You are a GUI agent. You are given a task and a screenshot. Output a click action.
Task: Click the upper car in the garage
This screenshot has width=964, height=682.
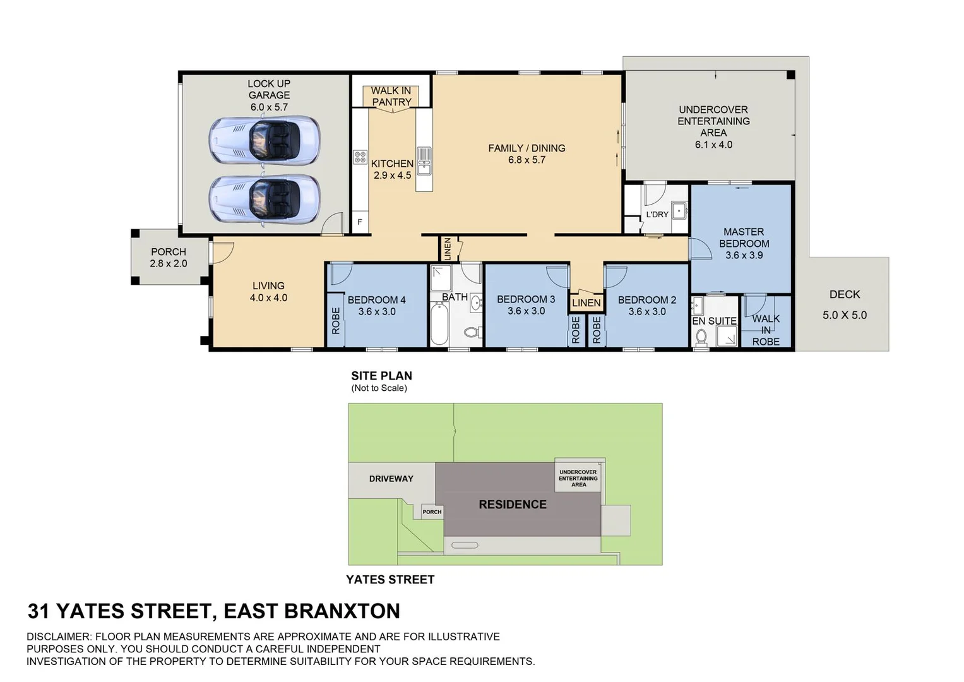pyautogui.click(x=264, y=140)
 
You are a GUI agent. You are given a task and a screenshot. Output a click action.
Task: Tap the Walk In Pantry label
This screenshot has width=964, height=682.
pyautogui.click(x=391, y=97)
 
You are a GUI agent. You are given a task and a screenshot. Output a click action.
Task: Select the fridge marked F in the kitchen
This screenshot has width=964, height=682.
pyautogui.click(x=360, y=222)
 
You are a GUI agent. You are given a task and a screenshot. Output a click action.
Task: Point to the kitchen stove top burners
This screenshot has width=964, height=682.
pyautogui.click(x=360, y=157)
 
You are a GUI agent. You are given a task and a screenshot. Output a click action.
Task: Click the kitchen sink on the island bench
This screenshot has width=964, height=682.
pyautogui.click(x=424, y=160)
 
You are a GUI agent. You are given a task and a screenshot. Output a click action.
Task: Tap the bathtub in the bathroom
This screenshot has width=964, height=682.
pyautogui.click(x=439, y=323)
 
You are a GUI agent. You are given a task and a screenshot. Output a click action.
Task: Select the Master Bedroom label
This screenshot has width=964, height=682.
pyautogui.click(x=744, y=237)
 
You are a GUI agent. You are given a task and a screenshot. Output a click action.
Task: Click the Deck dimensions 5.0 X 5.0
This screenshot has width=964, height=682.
pyautogui.click(x=845, y=315)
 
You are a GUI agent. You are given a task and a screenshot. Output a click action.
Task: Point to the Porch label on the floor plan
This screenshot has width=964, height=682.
pyautogui.click(x=169, y=252)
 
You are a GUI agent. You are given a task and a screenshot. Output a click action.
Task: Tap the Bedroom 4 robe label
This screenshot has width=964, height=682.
pyautogui.click(x=335, y=321)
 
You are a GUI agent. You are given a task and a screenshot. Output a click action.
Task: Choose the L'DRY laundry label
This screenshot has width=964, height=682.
pyautogui.click(x=657, y=215)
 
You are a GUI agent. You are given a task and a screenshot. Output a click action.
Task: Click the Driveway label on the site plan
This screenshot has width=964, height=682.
pyautogui.click(x=391, y=479)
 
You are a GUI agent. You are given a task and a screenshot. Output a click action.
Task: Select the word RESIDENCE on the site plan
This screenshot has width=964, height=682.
pyautogui.click(x=513, y=505)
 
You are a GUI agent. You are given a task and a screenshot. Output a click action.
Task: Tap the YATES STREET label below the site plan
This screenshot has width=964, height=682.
pyautogui.click(x=390, y=580)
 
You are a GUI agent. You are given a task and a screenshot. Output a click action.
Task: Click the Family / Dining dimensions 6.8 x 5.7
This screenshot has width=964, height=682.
pyautogui.click(x=527, y=160)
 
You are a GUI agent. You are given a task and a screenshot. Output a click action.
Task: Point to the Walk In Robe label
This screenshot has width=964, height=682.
pyautogui.click(x=766, y=330)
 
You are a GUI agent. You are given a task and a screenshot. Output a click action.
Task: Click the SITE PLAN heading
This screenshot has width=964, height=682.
pyautogui.click(x=381, y=376)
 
